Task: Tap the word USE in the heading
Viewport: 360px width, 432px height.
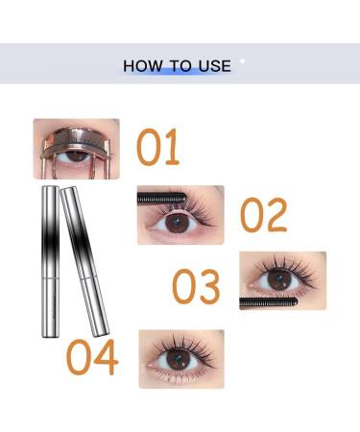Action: [214, 66]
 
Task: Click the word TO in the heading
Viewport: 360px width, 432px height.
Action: [180, 66]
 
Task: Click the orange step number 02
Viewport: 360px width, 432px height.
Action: [263, 216]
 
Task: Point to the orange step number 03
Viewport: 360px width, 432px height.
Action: [197, 286]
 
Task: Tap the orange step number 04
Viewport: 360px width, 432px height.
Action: [92, 356]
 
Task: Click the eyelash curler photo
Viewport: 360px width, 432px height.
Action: [77, 148]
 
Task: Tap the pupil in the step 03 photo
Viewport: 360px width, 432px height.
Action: [279, 280]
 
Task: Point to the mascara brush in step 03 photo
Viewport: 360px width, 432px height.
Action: [264, 301]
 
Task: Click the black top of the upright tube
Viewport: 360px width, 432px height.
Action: [48, 206]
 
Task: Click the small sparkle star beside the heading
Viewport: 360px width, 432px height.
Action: [242, 60]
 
